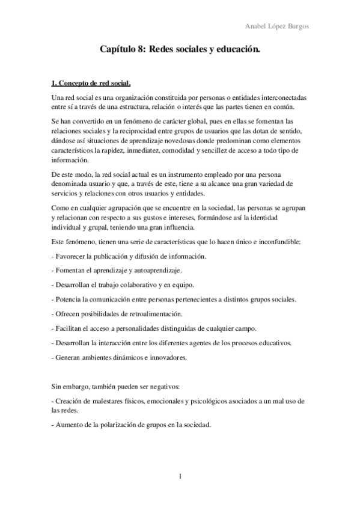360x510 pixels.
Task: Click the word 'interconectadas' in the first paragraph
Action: [x=281, y=97]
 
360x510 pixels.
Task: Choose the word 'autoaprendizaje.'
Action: [x=162, y=271]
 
